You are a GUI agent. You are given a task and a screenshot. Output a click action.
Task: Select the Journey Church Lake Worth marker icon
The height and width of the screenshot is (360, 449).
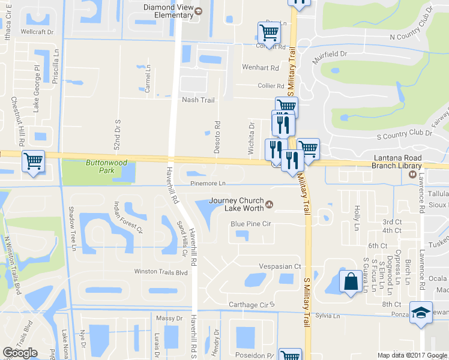point(270,205)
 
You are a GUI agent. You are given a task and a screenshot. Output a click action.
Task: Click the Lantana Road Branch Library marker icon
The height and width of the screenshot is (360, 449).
point(412,175)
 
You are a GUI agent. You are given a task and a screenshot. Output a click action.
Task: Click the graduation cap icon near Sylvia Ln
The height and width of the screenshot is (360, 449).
point(421,312)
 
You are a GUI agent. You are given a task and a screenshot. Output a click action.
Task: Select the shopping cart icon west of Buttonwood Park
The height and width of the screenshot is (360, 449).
point(33,161)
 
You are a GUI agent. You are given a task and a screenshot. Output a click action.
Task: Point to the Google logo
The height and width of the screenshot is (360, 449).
point(20,353)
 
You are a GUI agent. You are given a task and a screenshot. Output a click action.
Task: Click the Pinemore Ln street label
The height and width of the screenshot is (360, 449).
point(208,183)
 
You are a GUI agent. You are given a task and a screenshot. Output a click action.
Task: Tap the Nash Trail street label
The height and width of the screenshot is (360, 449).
point(198,100)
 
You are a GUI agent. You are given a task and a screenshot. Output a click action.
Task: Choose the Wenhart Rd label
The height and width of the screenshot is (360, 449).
point(261,68)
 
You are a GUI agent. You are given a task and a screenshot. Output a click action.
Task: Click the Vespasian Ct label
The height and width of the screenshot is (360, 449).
point(280,266)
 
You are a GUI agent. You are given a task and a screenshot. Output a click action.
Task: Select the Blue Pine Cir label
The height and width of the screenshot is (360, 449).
point(252,224)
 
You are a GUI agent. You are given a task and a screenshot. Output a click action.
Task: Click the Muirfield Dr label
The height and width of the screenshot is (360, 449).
point(330,53)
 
